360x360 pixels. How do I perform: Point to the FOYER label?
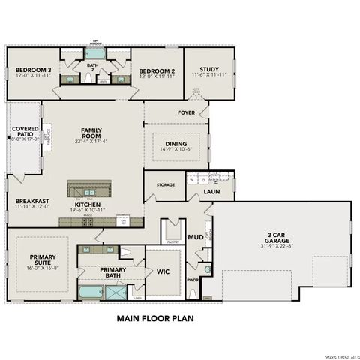[x=187, y=113]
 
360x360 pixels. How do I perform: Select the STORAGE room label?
[x=165, y=184]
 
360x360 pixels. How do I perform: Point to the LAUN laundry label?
[x=212, y=193]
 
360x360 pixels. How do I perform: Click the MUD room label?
[x=195, y=237]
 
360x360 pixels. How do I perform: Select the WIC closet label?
[x=163, y=271]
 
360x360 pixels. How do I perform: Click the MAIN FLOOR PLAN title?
[x=155, y=318]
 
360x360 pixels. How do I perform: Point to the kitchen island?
[x=89, y=187]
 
